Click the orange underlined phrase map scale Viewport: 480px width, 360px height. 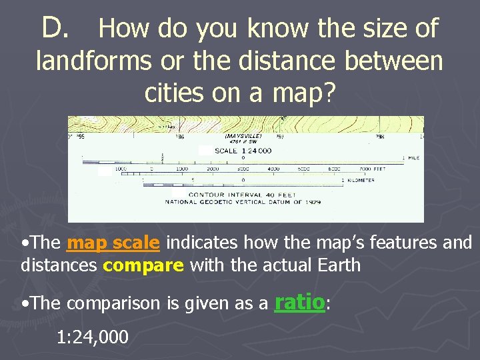pos(113,243)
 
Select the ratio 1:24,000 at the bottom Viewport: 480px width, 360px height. pos(93,337)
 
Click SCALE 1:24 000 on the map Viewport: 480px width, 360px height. pos(243,151)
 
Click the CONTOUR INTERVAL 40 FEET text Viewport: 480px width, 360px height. pos(227,194)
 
